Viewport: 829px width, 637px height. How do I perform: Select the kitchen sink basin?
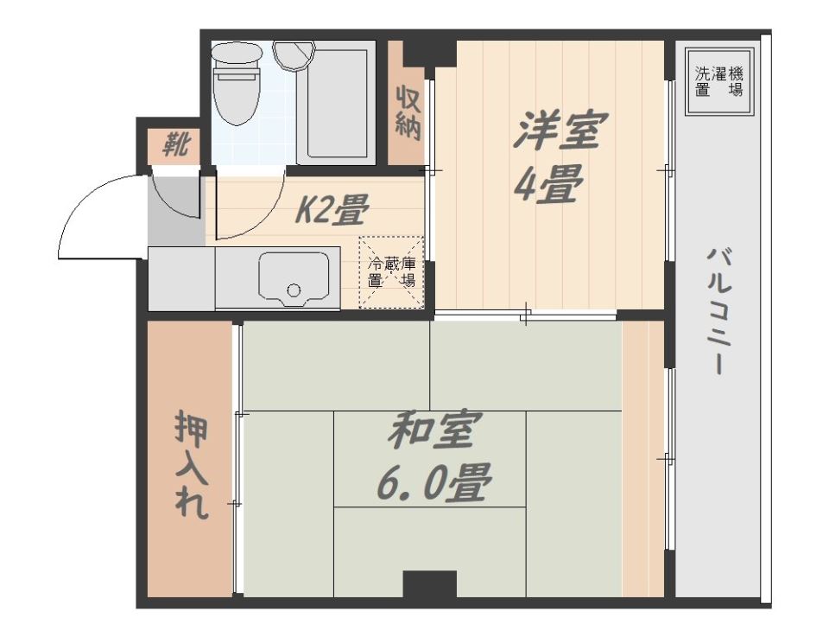tap(294, 278)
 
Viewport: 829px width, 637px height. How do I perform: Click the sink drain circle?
tap(294, 290)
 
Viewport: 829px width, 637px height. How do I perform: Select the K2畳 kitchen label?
tap(332, 209)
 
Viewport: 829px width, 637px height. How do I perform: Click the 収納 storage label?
tap(408, 111)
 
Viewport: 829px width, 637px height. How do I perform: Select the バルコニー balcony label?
tap(718, 312)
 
